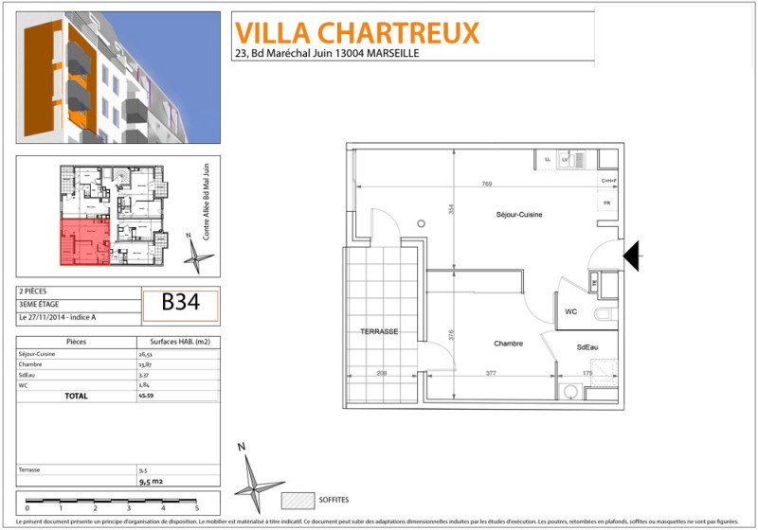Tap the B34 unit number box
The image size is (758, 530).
pyautogui.click(x=180, y=304)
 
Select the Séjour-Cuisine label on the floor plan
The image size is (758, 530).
pyautogui.click(x=518, y=215)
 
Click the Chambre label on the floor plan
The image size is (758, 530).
pyautogui.click(x=508, y=344)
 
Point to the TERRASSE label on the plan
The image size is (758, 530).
pyautogui.click(x=378, y=332)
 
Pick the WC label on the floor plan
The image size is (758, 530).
pyautogui.click(x=571, y=310)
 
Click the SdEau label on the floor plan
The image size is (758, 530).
pyautogui.click(x=587, y=347)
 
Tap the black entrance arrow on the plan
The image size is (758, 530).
pyautogui.click(x=633, y=254)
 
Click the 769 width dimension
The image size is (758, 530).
pyautogui.click(x=486, y=184)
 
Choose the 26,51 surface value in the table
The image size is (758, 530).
pyautogui.click(x=146, y=354)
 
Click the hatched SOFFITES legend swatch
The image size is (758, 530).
pyautogui.click(x=297, y=499)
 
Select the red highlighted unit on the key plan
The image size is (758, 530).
pyautogui.click(x=83, y=241)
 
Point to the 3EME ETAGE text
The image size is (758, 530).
pyautogui.click(x=39, y=305)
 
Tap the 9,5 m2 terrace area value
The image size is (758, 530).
pyautogui.click(x=152, y=481)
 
